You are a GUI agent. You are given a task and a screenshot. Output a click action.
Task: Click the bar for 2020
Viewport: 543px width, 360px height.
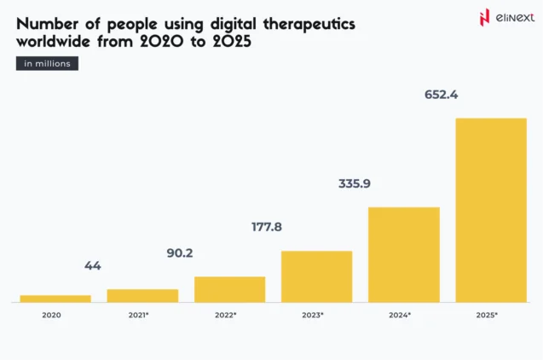(55, 299)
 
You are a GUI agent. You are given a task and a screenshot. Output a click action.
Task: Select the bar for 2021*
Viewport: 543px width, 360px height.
(142, 295)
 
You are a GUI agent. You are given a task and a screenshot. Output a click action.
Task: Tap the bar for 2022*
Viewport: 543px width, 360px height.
(229, 289)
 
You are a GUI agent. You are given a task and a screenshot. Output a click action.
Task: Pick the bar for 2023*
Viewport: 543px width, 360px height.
(316, 276)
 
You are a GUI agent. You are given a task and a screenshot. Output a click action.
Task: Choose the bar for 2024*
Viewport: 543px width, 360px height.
(403, 254)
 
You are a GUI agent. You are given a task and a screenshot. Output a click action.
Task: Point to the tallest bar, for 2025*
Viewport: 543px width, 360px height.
(490, 210)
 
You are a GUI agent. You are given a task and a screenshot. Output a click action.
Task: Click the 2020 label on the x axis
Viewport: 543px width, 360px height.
(51, 315)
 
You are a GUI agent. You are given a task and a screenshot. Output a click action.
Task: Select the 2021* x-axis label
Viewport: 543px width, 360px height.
(138, 315)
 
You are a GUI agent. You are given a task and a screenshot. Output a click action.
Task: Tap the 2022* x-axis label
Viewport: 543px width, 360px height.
(226, 315)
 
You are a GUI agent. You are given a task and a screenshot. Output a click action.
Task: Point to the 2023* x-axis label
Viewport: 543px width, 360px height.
(313, 315)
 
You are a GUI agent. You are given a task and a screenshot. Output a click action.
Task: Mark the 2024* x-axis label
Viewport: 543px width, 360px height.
(400, 315)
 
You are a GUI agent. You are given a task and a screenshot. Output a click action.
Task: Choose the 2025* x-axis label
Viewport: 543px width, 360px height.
(487, 315)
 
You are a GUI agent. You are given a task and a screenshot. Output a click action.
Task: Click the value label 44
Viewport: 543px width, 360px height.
(93, 266)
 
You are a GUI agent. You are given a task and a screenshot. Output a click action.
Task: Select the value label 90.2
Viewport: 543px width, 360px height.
(180, 253)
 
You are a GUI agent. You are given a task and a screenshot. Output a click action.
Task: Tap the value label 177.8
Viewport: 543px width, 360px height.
(268, 227)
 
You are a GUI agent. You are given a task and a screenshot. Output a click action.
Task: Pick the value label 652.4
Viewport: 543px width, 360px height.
(442, 95)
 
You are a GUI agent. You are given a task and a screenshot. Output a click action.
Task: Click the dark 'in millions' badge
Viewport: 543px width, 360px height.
(47, 63)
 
